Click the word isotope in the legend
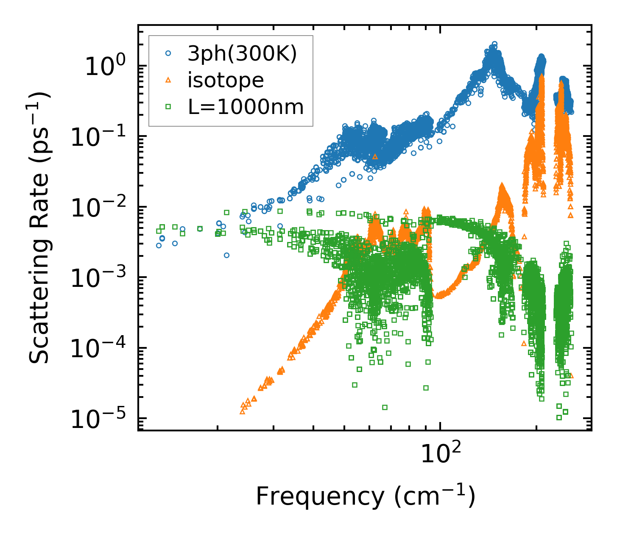point(226,80)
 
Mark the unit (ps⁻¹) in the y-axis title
point(39,132)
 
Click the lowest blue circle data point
point(226,255)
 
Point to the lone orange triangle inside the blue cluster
point(375,156)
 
